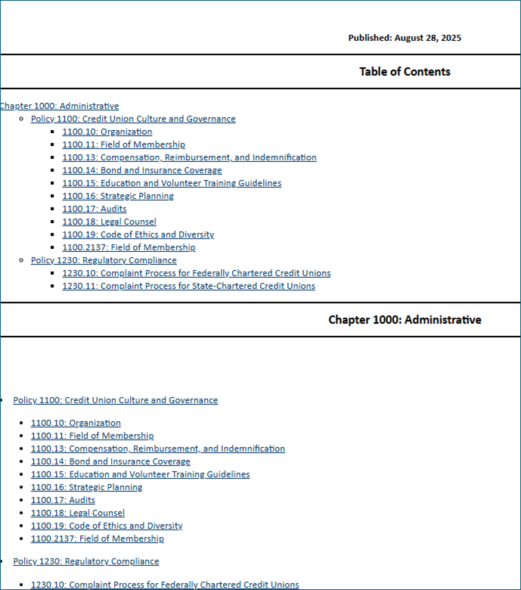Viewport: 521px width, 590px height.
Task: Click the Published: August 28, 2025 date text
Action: click(x=405, y=38)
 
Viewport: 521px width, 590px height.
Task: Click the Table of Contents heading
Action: click(x=405, y=72)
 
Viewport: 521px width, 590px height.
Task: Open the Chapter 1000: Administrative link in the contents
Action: click(x=59, y=106)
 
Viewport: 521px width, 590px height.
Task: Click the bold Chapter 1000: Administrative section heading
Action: click(x=405, y=319)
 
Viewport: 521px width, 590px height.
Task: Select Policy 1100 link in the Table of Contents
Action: click(x=133, y=119)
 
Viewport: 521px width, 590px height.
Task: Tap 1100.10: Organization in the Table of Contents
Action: click(x=107, y=132)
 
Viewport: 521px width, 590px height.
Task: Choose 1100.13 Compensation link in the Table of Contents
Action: click(x=189, y=157)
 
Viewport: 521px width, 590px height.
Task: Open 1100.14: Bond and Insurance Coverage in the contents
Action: click(x=142, y=170)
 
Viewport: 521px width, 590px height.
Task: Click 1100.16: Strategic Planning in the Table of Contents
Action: click(x=118, y=196)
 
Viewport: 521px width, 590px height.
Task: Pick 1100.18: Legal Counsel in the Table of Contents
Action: click(x=109, y=222)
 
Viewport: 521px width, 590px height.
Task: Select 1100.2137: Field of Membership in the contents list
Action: click(x=129, y=247)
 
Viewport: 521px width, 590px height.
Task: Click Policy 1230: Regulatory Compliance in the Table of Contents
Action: click(x=104, y=260)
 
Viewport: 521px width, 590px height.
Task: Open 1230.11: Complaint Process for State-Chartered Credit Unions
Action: click(x=188, y=286)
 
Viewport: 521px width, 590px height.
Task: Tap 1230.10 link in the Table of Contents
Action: click(x=196, y=273)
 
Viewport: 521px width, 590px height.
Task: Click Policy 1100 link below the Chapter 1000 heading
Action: click(x=115, y=400)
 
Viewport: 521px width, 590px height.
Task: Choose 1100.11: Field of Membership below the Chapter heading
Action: click(x=92, y=436)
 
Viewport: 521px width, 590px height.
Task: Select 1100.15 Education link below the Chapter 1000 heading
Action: click(x=140, y=474)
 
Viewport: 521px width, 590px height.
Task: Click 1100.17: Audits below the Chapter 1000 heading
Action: click(x=63, y=500)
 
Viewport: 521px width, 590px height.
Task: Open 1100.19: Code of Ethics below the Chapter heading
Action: click(x=107, y=526)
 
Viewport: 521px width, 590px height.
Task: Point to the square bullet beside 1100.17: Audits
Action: click(x=53, y=210)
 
